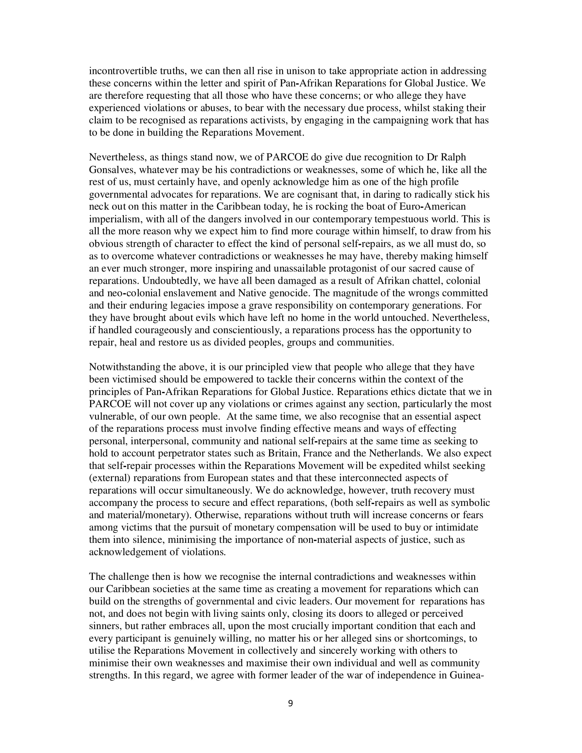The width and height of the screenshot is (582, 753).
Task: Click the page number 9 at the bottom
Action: point(290,703)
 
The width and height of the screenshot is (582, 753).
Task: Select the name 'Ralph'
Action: point(452,157)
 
